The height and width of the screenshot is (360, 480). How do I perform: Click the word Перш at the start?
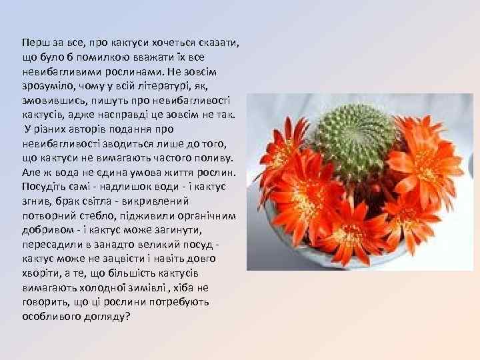pyautogui.click(x=33, y=42)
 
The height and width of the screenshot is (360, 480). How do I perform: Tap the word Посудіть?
pyautogui.click(x=43, y=186)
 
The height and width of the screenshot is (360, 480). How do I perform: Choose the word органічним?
pyautogui.click(x=207, y=215)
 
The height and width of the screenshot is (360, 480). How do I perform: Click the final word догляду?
pyautogui.click(x=108, y=316)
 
